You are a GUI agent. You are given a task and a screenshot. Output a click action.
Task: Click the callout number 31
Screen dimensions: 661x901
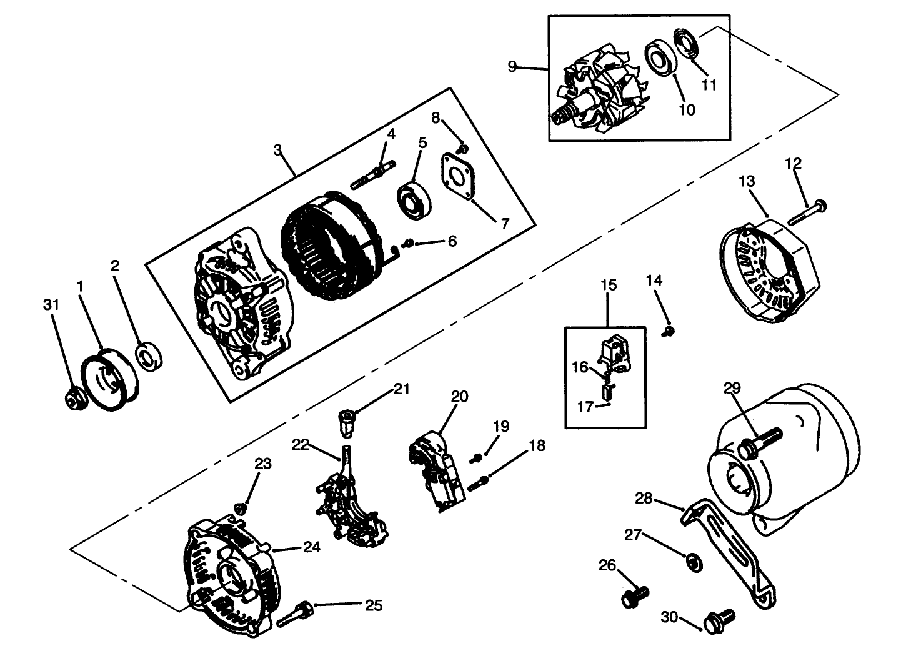52,304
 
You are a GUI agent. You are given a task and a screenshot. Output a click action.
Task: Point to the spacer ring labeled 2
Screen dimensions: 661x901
149,357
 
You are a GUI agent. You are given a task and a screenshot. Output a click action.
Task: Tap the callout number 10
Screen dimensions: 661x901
687,110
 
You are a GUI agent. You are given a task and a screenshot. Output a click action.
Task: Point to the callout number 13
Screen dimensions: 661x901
747,181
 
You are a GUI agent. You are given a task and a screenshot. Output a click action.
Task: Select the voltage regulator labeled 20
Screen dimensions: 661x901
437,475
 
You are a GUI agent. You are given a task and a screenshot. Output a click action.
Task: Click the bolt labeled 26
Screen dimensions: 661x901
635,596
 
